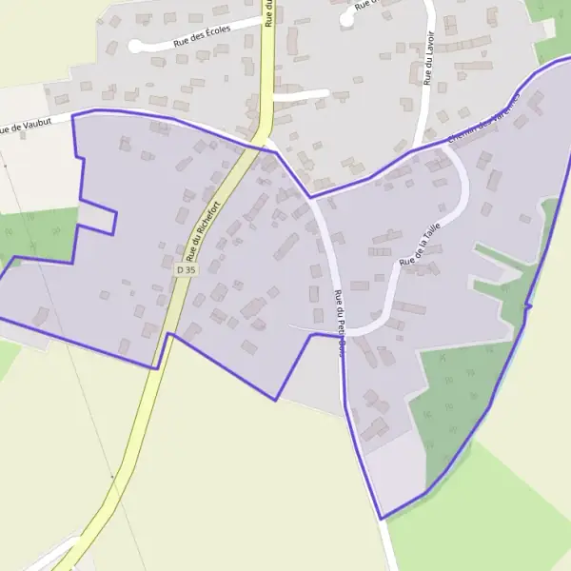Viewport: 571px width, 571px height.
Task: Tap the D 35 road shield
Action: [186, 270]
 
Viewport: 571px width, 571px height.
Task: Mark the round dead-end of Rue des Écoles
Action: [135, 46]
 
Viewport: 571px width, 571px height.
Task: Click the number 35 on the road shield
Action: [190, 270]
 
